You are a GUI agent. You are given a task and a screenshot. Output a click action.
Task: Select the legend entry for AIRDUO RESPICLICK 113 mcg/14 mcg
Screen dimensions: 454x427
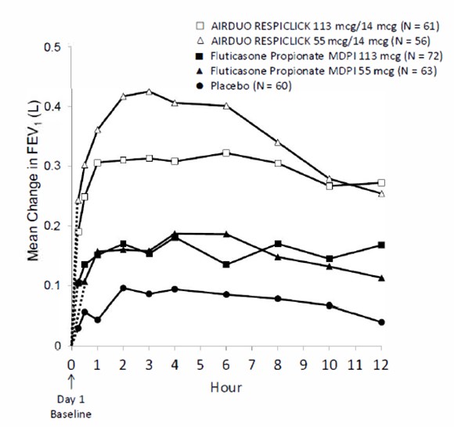(x=318, y=26)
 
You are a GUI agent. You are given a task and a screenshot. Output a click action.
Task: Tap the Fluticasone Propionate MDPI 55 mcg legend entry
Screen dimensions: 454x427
(x=316, y=71)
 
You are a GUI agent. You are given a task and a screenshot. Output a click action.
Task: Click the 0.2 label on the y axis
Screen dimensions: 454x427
(x=52, y=226)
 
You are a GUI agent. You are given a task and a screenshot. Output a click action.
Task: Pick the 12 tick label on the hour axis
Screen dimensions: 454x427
(x=380, y=364)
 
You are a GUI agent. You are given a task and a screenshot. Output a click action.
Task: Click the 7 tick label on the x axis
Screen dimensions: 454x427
(x=252, y=364)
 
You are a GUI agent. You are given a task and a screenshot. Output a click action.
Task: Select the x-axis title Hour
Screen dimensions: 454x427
(x=226, y=387)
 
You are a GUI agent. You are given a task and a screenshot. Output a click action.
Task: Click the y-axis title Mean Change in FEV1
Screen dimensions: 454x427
(x=34, y=181)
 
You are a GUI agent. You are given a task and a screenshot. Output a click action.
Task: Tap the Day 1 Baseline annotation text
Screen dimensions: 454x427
(x=71, y=407)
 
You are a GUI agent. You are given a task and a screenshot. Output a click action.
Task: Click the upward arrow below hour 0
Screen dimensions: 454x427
(x=71, y=382)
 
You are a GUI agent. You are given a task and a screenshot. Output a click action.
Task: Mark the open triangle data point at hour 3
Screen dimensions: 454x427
(x=149, y=92)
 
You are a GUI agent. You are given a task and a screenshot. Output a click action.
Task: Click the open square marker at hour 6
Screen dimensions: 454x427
(x=226, y=153)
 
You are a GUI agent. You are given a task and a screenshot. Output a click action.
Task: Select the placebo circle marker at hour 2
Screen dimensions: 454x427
(x=123, y=288)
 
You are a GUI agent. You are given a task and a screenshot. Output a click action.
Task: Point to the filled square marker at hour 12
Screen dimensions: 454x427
(x=381, y=245)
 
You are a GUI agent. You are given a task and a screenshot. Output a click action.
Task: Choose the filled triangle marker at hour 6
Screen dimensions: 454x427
(x=226, y=234)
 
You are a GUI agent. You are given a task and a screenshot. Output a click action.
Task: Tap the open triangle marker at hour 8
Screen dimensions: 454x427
(x=278, y=142)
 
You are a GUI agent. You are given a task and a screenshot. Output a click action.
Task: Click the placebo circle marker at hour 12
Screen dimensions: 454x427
(x=381, y=322)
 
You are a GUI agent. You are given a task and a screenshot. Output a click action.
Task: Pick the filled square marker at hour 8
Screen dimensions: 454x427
(x=278, y=244)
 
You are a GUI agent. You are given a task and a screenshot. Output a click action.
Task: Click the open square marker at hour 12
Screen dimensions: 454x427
(x=381, y=183)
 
